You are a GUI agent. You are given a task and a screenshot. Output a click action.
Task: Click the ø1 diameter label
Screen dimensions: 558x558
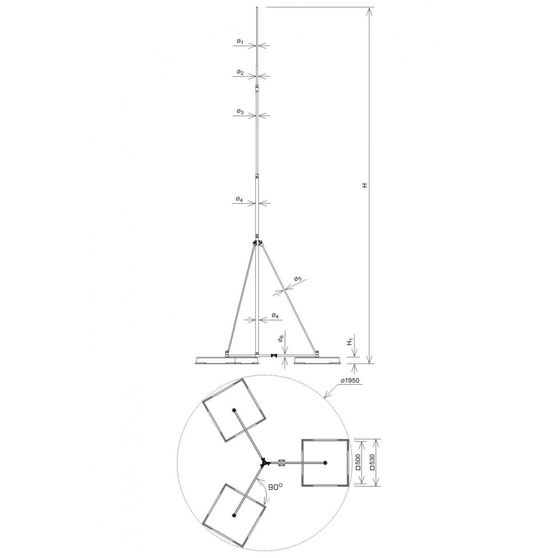coord(240,42)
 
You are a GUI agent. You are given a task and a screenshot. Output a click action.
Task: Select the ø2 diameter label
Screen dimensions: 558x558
coord(240,72)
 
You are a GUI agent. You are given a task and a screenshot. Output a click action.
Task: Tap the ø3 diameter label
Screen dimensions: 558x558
coord(240,112)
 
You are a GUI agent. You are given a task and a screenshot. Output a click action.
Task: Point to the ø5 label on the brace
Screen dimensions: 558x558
coord(298,279)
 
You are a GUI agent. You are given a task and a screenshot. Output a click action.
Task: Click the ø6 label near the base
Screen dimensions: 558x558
coord(280,339)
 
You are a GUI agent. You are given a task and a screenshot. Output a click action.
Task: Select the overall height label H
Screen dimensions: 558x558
coord(365,185)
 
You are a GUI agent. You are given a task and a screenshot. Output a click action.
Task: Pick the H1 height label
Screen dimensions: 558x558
coord(351,342)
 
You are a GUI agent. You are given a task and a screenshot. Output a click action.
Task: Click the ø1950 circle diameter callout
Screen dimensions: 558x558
coord(350,380)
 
